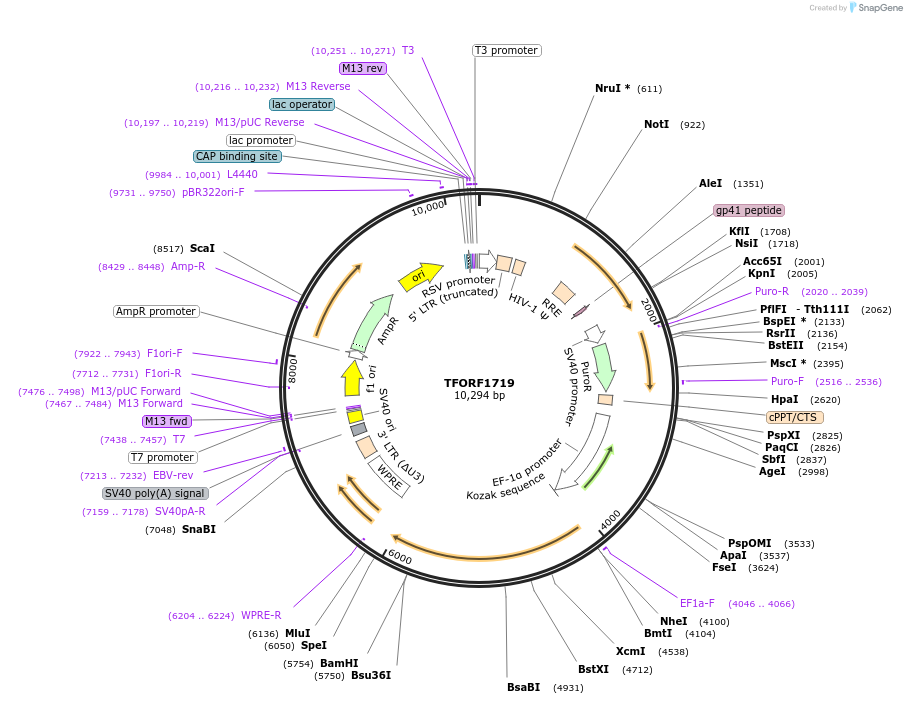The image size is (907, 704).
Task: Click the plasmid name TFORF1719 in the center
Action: [x=480, y=383]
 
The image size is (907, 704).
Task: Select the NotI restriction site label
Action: [x=656, y=125]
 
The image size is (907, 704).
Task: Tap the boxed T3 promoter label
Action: [x=506, y=50]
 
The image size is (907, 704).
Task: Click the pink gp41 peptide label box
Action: [x=749, y=211]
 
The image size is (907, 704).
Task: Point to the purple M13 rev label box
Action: [x=362, y=68]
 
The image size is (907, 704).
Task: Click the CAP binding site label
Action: [x=237, y=156]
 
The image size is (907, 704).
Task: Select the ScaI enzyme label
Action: [x=202, y=248]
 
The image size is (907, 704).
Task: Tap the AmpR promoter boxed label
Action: [x=156, y=311]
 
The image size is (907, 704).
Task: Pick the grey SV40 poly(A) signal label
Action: [x=155, y=493]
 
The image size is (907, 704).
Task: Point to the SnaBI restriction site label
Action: [x=198, y=529]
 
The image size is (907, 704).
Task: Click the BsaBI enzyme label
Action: [x=523, y=687]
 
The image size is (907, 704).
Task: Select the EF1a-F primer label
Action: [x=698, y=603]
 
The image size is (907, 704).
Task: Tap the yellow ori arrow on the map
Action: [x=419, y=277]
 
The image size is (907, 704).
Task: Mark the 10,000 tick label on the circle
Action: [x=427, y=208]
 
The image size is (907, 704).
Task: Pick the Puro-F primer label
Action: [x=787, y=381]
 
